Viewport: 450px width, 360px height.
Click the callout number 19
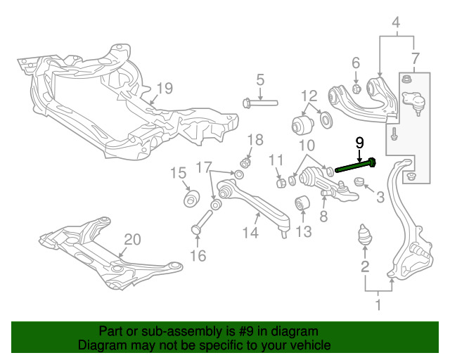(164, 88)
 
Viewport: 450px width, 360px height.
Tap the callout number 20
(132, 239)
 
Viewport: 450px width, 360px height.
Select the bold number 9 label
(360, 142)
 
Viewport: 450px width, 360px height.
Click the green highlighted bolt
(355, 167)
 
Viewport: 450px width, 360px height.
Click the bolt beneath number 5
(259, 103)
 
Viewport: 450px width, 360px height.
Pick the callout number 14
(251, 231)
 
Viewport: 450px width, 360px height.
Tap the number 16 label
(199, 256)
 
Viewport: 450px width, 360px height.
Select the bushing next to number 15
(190, 200)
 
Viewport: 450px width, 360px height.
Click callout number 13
(304, 231)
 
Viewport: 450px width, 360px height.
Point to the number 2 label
(365, 266)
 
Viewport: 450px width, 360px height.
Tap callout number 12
(310, 95)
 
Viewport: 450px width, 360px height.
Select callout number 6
(356, 63)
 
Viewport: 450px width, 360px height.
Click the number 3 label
(380, 198)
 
